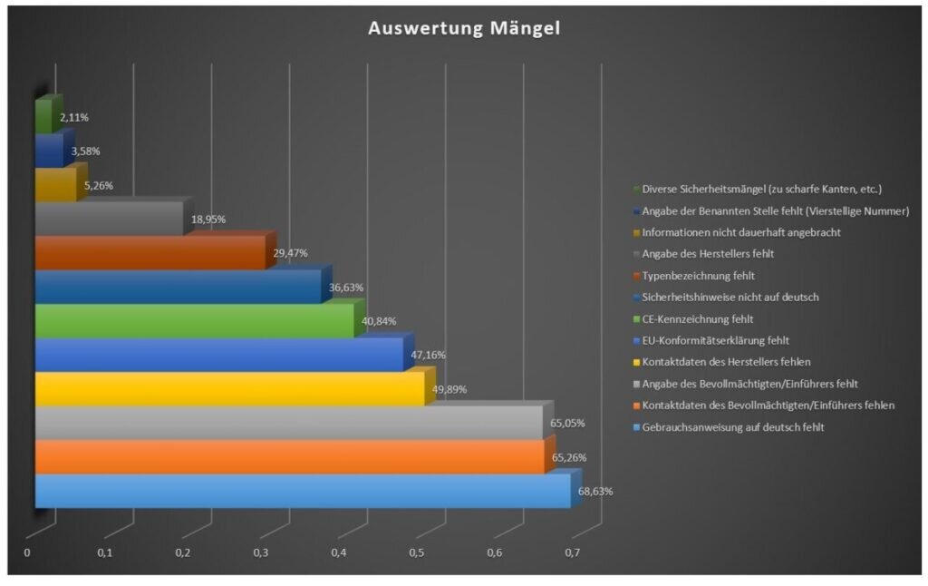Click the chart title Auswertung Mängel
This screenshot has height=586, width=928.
464,29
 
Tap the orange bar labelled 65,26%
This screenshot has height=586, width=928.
289,457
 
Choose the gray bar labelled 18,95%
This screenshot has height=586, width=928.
109,219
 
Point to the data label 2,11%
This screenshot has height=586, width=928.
74,118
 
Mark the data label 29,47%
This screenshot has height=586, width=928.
292,254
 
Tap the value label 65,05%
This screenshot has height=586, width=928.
569,423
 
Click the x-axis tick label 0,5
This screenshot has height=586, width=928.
417,553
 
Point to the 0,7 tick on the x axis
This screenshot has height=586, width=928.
573,553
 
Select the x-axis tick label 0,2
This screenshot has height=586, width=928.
183,553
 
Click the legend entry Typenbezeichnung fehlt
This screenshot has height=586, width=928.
699,276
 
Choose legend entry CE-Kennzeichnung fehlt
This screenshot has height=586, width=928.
698,319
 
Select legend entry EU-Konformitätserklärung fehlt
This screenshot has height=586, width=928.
716,341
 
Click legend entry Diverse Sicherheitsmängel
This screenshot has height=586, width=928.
761,190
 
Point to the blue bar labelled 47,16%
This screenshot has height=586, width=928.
217,355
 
